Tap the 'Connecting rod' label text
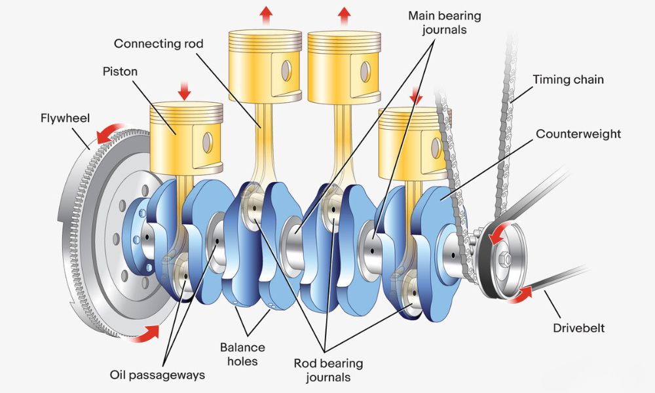click(x=159, y=44)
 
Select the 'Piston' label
click(x=120, y=71)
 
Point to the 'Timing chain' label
click(x=568, y=80)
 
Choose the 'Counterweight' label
click(x=578, y=134)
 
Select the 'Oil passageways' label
click(x=157, y=375)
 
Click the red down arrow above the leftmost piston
click(x=184, y=90)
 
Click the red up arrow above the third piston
click(x=344, y=14)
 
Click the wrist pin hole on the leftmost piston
click(x=208, y=140)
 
